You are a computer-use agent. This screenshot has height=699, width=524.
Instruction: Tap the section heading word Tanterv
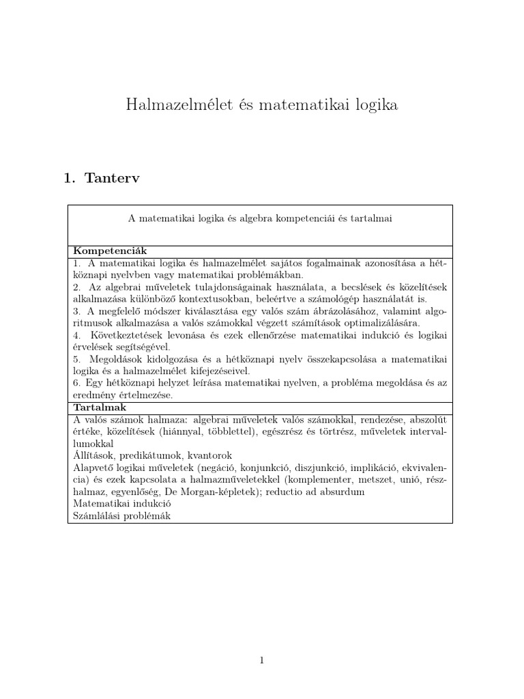pos(114,179)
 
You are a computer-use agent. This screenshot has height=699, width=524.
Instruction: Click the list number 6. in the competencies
pos(77,383)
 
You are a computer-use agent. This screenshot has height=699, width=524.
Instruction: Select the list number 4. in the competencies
pos(77,335)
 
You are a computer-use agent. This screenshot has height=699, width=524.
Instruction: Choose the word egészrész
pos(299,432)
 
